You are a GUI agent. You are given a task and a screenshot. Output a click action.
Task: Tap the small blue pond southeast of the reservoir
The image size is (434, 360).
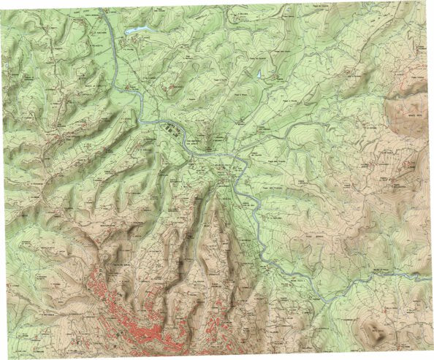259,74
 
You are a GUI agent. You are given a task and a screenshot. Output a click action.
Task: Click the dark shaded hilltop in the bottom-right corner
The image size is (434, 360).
378,333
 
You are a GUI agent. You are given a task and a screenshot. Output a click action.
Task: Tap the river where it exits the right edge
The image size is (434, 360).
430,278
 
